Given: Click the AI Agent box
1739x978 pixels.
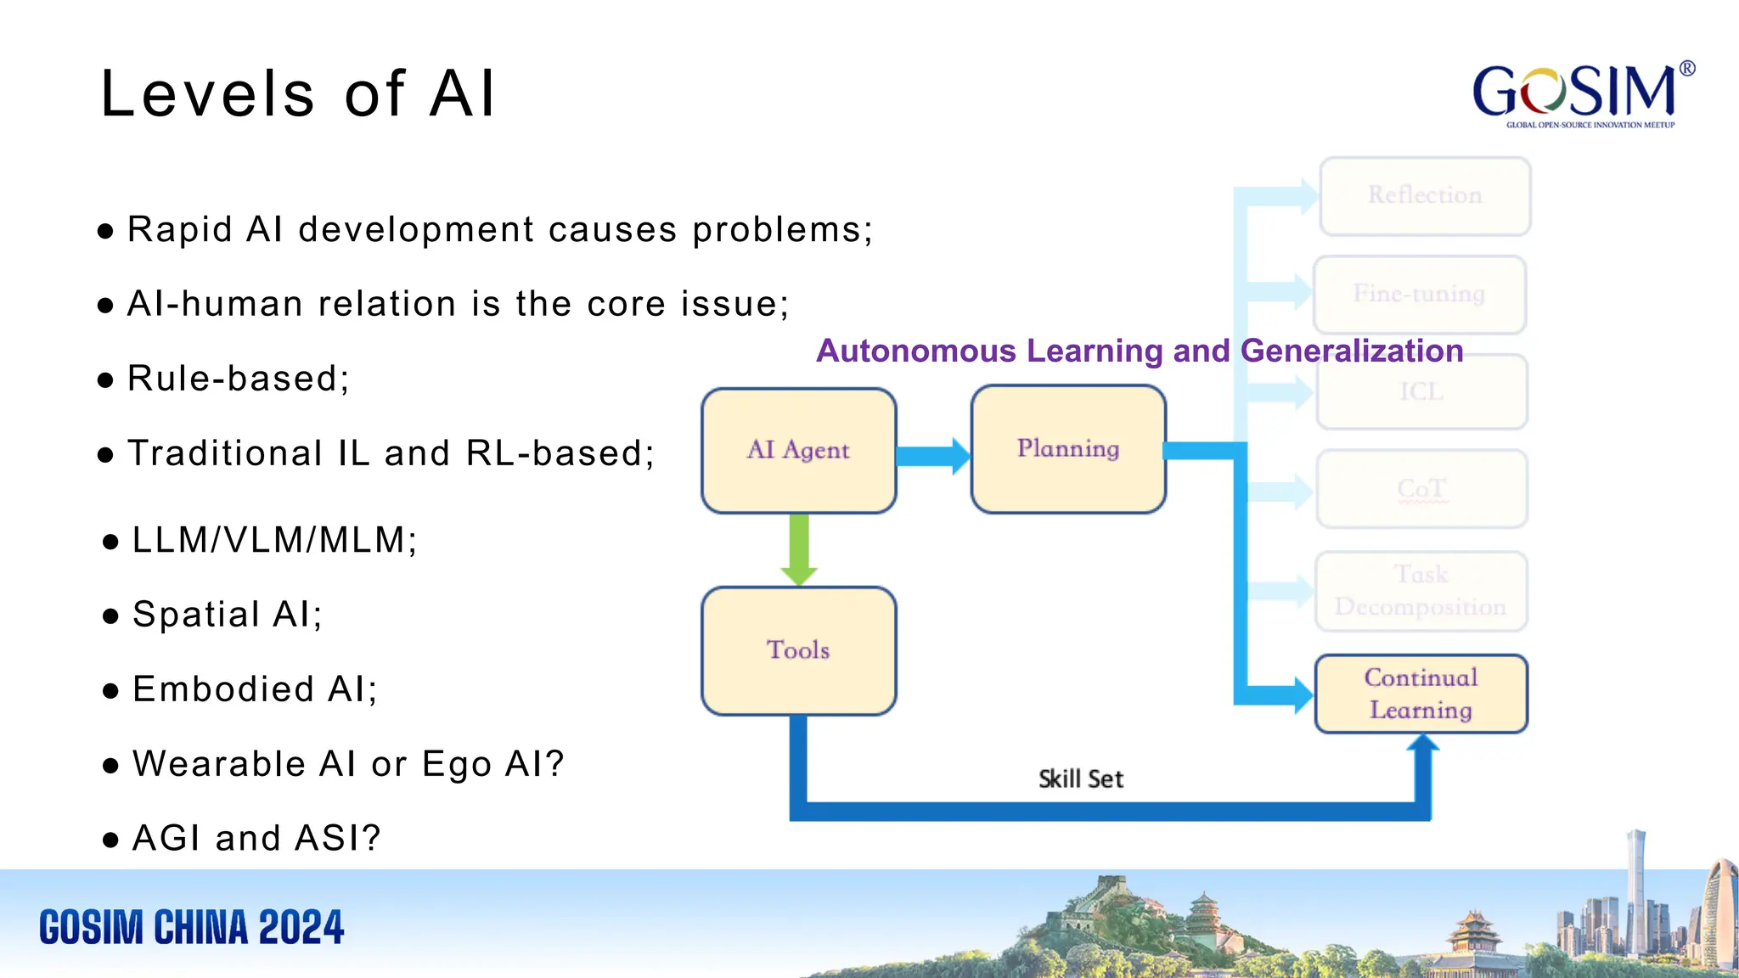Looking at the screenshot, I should (798, 450).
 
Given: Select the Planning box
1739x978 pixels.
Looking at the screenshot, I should (1068, 448).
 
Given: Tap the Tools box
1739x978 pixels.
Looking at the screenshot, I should (798, 650).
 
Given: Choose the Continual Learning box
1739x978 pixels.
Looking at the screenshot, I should (1421, 694).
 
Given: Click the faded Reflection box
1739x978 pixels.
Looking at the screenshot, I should (1425, 195).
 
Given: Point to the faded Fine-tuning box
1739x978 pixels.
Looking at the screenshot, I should (1419, 294).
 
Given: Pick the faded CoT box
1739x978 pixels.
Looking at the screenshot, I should (1421, 489).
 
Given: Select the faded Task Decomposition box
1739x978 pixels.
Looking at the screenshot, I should (1421, 591).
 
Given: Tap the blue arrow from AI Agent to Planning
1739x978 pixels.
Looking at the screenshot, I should (932, 456).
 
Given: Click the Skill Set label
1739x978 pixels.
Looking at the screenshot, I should (1080, 778).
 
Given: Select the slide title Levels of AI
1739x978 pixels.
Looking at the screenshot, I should (297, 93).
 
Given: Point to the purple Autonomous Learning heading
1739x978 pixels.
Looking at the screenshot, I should (1140, 351).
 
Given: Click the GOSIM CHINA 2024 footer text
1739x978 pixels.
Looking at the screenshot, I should (192, 927).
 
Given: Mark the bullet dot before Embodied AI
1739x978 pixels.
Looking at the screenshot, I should (110, 691).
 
